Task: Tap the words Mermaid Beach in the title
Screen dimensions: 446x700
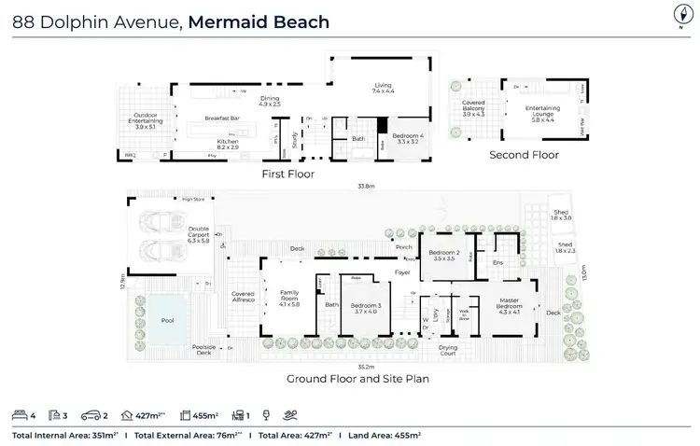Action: coord(259,21)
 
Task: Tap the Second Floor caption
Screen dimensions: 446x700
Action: coord(524,155)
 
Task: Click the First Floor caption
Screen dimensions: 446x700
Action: coord(288,174)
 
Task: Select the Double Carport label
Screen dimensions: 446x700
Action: coord(199,234)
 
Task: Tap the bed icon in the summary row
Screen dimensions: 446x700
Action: coord(21,414)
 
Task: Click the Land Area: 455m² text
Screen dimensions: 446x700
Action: coord(384,435)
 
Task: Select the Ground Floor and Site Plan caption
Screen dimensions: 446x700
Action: coord(357,380)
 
